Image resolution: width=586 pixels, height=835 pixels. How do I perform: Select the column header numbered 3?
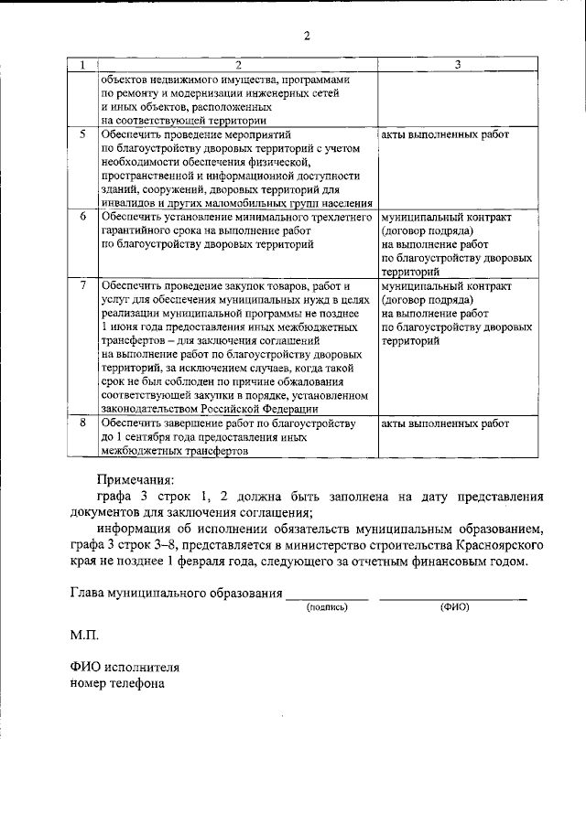[457, 64]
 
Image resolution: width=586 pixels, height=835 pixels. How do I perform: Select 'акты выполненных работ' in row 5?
[445, 134]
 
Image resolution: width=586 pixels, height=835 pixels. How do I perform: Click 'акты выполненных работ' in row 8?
[445, 423]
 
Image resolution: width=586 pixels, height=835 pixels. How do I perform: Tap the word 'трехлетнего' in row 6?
[338, 218]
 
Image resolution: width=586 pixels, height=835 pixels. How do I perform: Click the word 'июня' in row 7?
[127, 327]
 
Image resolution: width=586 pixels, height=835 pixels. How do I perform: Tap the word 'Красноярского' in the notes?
[495, 545]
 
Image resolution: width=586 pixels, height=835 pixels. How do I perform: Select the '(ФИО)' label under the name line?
[453, 606]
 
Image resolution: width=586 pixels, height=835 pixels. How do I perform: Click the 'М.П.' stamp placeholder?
[85, 634]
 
